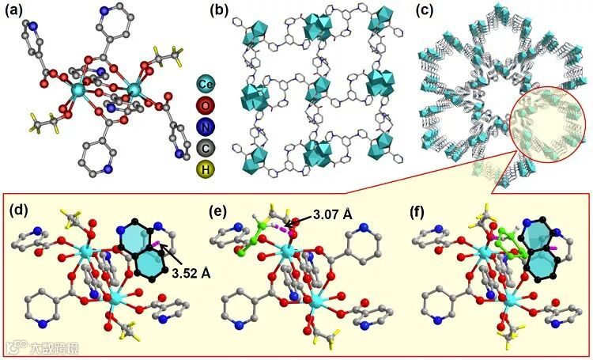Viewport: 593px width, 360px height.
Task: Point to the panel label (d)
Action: [x=20, y=211]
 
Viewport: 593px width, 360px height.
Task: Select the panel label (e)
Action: [x=214, y=211]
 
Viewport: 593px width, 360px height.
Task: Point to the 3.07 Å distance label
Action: [x=325, y=213]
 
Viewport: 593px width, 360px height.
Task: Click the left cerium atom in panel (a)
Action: [x=77, y=92]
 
